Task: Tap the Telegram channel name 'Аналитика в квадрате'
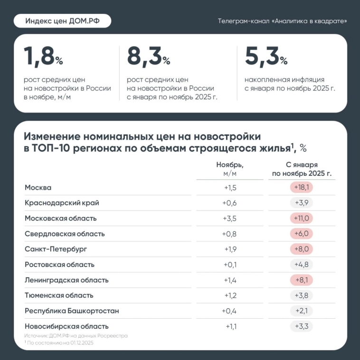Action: [x=282, y=21]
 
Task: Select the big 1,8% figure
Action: [x=43, y=57]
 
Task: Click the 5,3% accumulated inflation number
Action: [x=266, y=57]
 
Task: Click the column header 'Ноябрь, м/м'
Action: [x=230, y=169]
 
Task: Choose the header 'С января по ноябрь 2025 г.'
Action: [x=302, y=169]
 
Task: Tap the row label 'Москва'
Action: [x=38, y=188]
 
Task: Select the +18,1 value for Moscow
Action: [x=302, y=188]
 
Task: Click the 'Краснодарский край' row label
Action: [x=62, y=203]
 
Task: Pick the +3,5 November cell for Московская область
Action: [x=229, y=218]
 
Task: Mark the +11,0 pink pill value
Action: [x=302, y=218]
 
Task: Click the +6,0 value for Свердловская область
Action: [x=302, y=234]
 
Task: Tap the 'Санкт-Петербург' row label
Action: [x=56, y=249]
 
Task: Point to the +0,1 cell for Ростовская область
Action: [x=229, y=265]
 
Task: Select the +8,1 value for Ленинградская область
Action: [x=302, y=280]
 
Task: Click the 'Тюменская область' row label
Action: [x=59, y=295]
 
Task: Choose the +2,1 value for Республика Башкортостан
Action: [x=302, y=311]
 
